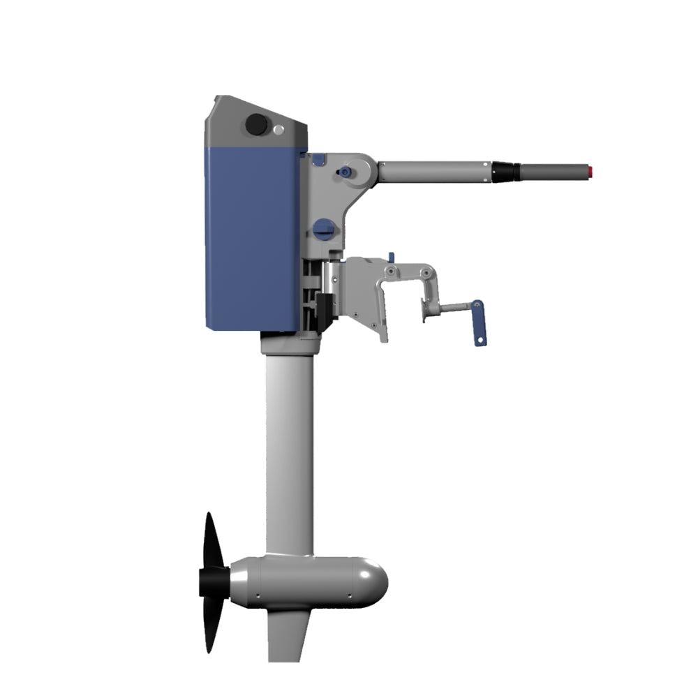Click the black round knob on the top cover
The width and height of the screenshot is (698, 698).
click(x=257, y=126)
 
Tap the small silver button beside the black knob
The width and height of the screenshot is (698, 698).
click(x=279, y=129)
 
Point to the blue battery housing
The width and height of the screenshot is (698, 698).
click(x=253, y=237)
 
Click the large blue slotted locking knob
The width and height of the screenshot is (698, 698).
click(x=323, y=227)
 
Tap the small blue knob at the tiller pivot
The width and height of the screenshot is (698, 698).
click(x=345, y=172)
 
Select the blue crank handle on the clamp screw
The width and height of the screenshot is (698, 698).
click(x=478, y=322)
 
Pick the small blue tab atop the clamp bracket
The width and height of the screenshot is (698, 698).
click(x=391, y=257)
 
